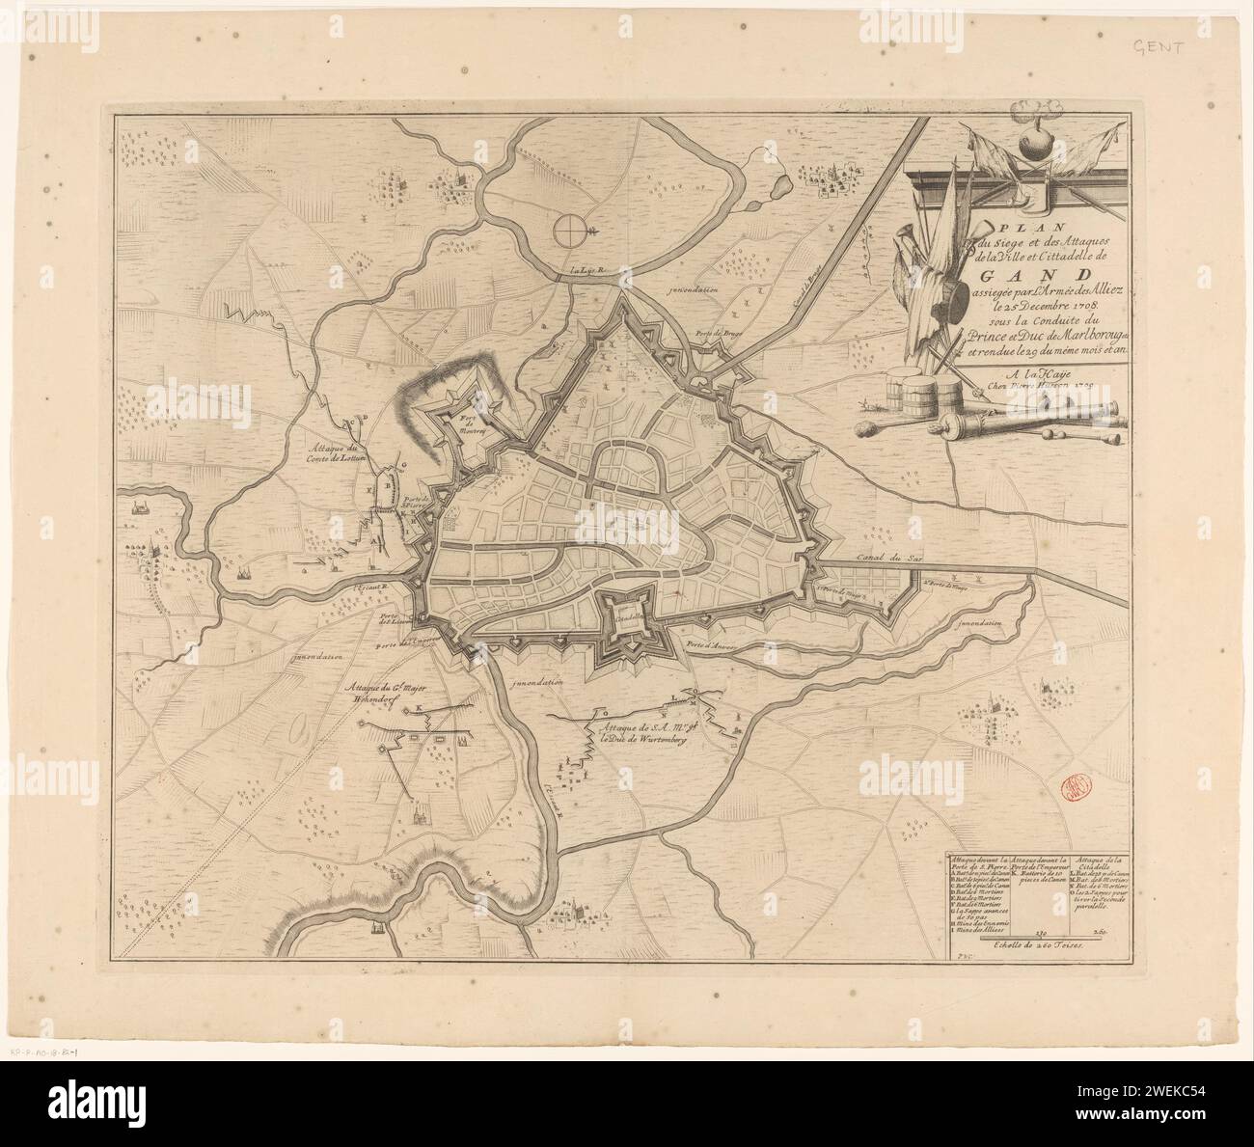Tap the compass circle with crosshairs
[x=569, y=230]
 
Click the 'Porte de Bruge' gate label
[x=713, y=335]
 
